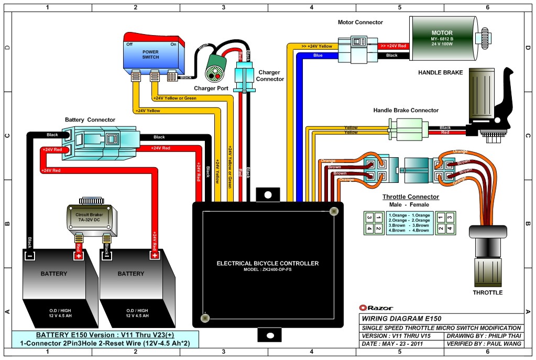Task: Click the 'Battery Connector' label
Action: click(x=90, y=120)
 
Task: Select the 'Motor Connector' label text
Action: click(x=360, y=23)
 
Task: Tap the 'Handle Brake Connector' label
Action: click(x=406, y=111)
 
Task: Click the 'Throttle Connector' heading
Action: click(x=410, y=197)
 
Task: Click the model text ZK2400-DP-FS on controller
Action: click(x=267, y=270)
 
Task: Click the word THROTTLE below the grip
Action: click(x=487, y=292)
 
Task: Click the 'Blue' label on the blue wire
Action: click(x=318, y=55)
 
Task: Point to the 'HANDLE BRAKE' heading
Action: click(x=440, y=72)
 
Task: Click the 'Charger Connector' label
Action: click(x=270, y=76)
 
